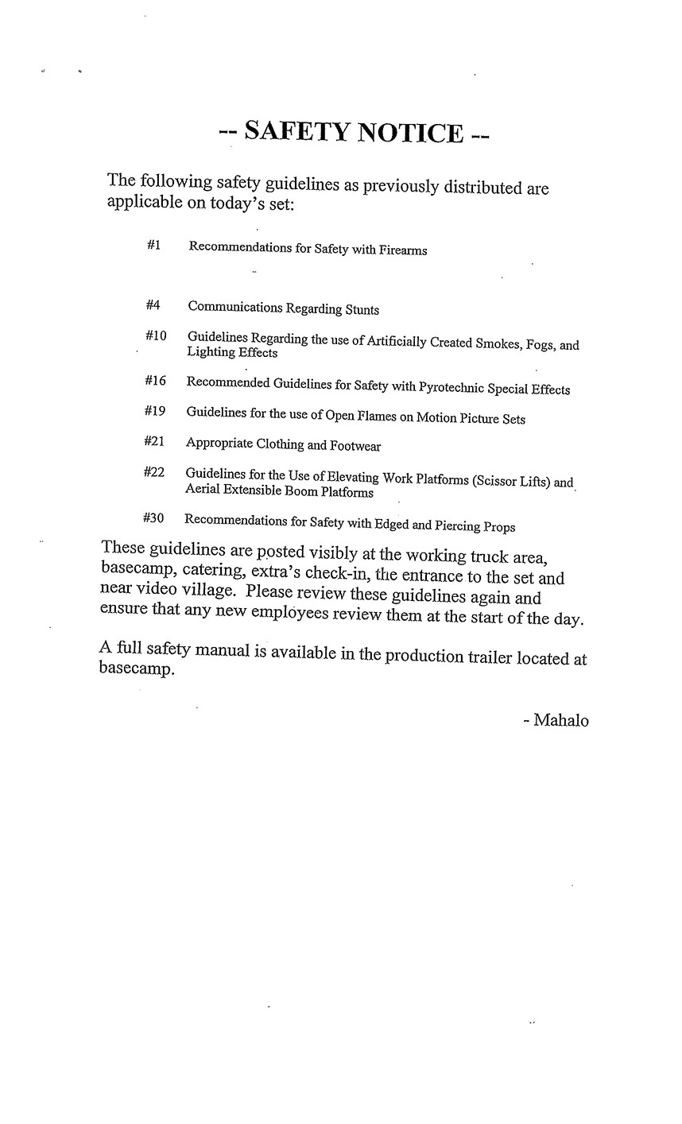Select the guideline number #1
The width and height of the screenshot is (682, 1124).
(154, 246)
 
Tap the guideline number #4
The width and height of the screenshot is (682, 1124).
(153, 305)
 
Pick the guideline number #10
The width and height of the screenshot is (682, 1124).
(156, 336)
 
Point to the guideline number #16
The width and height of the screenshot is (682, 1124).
(155, 381)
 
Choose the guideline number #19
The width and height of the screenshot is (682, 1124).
(154, 411)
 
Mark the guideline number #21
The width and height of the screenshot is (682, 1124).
(154, 441)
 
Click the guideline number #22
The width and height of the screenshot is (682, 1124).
(153, 472)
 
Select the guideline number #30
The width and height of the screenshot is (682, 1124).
(153, 518)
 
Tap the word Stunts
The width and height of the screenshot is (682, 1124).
(362, 309)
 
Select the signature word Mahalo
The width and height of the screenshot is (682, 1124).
(561, 721)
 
